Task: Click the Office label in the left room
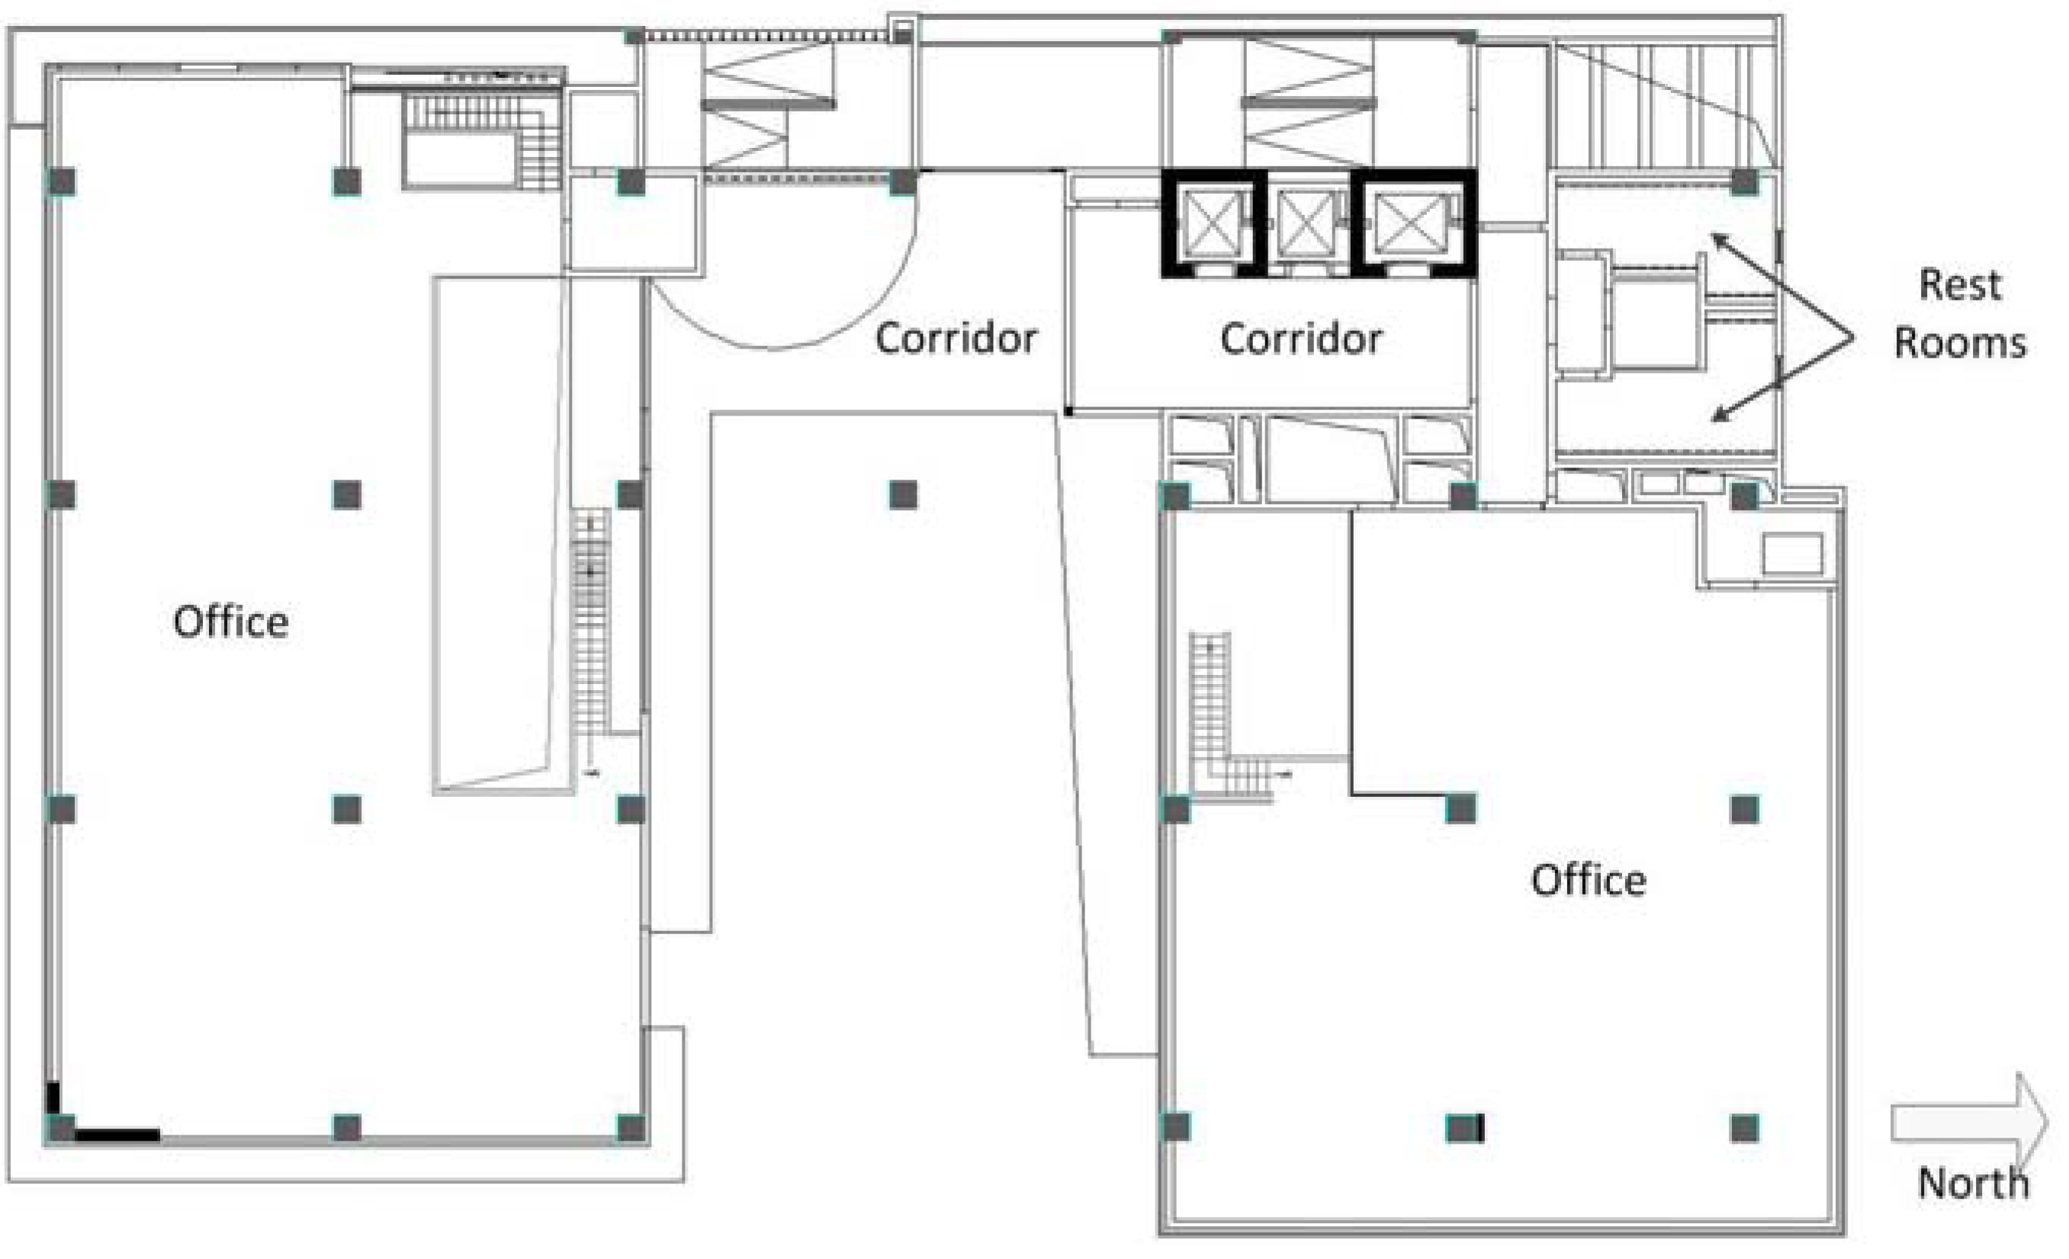(231, 622)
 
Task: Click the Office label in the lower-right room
(1589, 880)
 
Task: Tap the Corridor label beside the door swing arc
(956, 338)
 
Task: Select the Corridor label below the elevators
(1302, 339)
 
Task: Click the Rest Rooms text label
(1961, 314)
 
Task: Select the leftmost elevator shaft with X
(1213, 223)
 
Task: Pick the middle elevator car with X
(1306, 223)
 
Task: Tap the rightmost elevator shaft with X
(1414, 223)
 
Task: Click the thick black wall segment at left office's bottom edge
(117, 1135)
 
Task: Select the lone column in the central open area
(904, 495)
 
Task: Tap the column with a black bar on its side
(1464, 1128)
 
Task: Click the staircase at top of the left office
(483, 141)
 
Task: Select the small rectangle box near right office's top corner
(1792, 554)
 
